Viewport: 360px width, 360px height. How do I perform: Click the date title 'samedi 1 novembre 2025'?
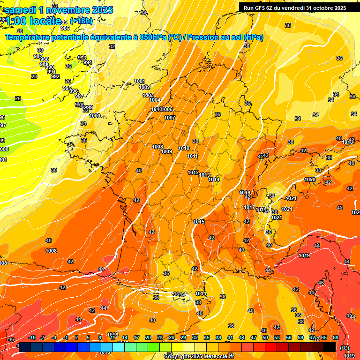click(x=59, y=10)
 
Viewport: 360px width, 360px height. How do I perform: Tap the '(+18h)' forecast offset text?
click(x=81, y=21)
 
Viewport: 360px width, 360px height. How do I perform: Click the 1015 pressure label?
click(x=198, y=222)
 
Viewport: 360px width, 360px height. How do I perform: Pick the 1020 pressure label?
click(x=310, y=180)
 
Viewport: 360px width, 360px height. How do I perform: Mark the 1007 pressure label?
click(x=170, y=118)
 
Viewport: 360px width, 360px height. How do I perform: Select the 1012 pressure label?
click(x=193, y=173)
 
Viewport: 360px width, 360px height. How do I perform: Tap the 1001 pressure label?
click(x=139, y=82)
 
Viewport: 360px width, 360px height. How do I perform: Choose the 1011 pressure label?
click(x=192, y=157)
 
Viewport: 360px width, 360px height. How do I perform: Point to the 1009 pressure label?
click(x=166, y=151)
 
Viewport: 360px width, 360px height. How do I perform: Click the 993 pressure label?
click(x=82, y=58)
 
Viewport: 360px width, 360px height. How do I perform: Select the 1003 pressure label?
click(x=148, y=96)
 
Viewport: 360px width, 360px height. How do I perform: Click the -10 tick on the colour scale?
click(x=32, y=338)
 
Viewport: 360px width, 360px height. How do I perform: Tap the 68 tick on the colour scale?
click(x=336, y=338)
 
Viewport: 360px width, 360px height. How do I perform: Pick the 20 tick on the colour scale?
click(x=148, y=338)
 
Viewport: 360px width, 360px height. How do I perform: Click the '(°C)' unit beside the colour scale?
click(x=344, y=348)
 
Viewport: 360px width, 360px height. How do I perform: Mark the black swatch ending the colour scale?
click(x=330, y=347)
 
